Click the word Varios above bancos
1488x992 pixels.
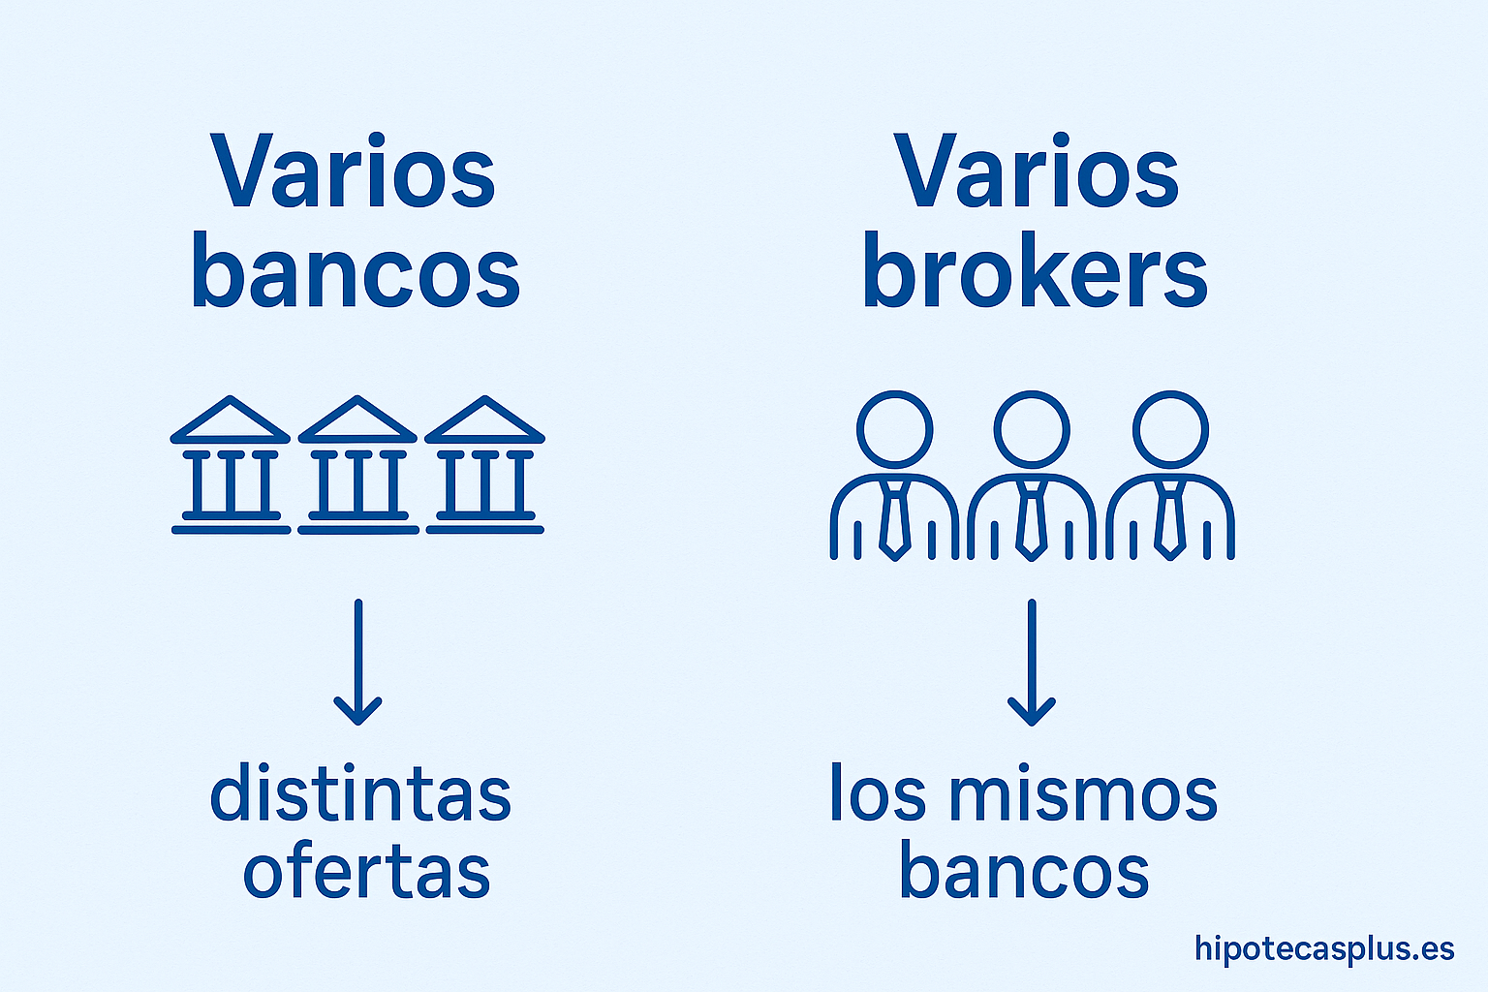[354, 172]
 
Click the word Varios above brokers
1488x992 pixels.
[1036, 172]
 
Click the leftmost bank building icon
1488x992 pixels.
[231, 465]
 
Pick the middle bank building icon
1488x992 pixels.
[358, 465]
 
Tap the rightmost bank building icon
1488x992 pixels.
[484, 465]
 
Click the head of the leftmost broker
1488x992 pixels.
[895, 427]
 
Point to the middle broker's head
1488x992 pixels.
[1033, 427]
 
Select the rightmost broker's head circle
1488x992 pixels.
[1170, 427]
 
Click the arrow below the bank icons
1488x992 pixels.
[358, 663]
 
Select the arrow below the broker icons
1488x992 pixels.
[1032, 663]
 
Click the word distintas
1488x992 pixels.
[360, 794]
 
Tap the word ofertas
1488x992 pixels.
[366, 872]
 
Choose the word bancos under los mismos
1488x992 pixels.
[1024, 872]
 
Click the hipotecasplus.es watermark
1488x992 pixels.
[1324, 948]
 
